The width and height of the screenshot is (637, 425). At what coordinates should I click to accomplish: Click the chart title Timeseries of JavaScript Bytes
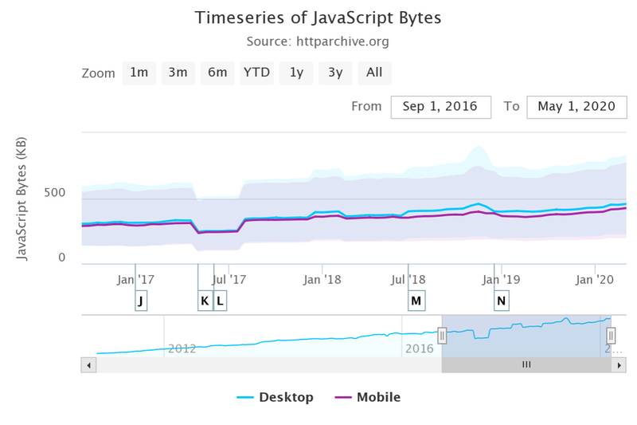(x=318, y=18)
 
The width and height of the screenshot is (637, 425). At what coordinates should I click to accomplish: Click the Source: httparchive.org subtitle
(x=318, y=41)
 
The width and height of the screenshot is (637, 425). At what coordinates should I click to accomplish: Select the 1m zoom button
(x=139, y=73)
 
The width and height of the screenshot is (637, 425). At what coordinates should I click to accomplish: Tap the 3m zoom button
(x=178, y=73)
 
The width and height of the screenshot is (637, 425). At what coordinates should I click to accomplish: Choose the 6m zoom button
(x=217, y=73)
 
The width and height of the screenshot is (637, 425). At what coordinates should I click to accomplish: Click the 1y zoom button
(x=296, y=73)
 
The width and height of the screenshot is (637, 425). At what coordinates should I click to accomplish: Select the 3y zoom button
(x=335, y=73)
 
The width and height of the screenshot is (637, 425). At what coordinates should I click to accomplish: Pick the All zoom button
(x=374, y=73)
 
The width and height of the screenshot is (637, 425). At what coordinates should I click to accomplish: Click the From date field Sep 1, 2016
(x=440, y=107)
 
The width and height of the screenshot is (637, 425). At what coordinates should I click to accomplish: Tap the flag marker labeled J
(x=141, y=301)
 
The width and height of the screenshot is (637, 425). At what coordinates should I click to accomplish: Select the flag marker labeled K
(x=205, y=301)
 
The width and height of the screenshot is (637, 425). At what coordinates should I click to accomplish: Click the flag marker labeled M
(x=416, y=301)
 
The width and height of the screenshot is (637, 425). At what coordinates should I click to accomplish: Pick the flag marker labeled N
(x=501, y=301)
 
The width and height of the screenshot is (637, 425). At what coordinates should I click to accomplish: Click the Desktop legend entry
(x=276, y=397)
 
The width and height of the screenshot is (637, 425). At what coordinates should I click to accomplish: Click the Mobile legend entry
(x=368, y=397)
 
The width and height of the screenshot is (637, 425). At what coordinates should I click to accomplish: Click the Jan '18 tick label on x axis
(x=322, y=279)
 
